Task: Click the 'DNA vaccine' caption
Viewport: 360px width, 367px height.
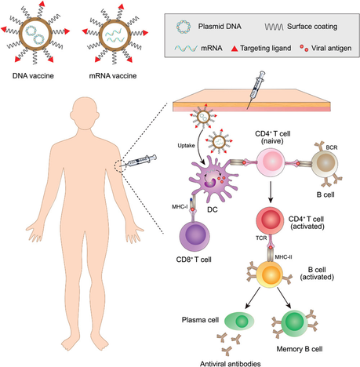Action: coord(33,76)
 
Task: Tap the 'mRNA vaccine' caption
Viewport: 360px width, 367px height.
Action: coord(113,76)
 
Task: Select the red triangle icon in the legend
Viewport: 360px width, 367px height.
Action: coord(235,49)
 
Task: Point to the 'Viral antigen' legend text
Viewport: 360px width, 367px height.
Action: coord(331,48)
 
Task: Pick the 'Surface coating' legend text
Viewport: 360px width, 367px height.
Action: coord(312,27)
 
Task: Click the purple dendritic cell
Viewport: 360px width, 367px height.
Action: coord(214,178)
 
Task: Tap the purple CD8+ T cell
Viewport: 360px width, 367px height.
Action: coord(195,237)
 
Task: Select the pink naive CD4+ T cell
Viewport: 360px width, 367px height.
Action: coord(271,162)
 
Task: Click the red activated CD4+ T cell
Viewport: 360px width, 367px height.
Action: coord(270,220)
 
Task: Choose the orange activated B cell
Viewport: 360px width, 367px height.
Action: coord(269,274)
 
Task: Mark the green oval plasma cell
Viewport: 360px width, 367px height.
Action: coord(239,320)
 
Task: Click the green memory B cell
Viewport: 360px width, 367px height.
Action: coord(294,322)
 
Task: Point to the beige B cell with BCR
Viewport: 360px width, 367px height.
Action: coord(325,163)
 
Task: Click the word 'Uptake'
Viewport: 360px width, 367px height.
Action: coord(186,146)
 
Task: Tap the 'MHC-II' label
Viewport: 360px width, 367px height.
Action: coord(283,257)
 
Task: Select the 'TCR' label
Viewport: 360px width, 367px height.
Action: coord(261,238)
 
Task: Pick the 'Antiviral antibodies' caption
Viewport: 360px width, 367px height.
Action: coord(231,364)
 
